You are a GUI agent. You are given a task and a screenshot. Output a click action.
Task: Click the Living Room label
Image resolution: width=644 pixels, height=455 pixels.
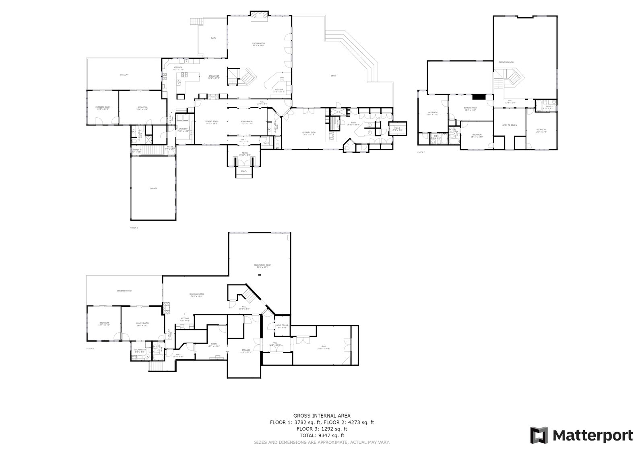[x=258, y=43]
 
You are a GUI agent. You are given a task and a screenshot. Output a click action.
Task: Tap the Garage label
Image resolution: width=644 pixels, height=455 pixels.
[x=153, y=188]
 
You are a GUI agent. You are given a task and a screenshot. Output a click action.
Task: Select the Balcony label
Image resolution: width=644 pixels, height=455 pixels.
[x=124, y=75]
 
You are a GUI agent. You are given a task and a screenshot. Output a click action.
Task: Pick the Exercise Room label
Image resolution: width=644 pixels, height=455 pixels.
[x=103, y=107]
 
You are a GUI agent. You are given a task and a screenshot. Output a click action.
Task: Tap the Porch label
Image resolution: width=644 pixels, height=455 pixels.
[x=244, y=171]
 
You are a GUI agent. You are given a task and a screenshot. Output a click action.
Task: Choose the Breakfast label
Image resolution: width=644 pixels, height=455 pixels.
[x=214, y=76]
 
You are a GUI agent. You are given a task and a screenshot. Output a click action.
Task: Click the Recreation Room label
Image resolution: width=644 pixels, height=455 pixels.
[x=262, y=265]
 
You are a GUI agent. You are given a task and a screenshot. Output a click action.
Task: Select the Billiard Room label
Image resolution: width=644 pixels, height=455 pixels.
[x=197, y=295]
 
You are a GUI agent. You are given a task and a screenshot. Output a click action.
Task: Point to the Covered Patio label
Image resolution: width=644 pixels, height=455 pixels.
[x=124, y=291]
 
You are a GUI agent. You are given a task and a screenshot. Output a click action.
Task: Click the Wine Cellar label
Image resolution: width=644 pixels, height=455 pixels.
[x=282, y=325]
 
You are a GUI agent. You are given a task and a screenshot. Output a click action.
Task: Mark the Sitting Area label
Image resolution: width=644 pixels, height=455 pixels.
[x=471, y=108]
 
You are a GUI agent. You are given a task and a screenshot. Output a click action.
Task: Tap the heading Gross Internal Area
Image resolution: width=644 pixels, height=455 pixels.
[x=322, y=416]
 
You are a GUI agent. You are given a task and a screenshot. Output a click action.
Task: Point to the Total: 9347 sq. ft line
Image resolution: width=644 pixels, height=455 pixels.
[x=322, y=435]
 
